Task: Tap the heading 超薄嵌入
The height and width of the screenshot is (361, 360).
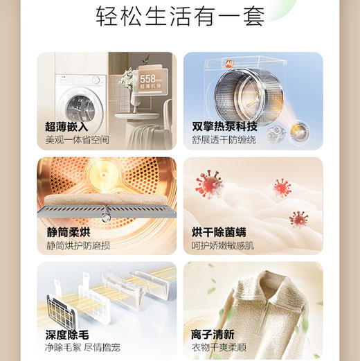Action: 67,127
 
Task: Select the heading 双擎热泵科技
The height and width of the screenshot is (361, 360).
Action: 225,127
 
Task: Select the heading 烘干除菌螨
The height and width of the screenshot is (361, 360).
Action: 219,232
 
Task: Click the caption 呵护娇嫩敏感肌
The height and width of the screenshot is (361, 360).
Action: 224,245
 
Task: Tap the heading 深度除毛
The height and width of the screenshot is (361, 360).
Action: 67,335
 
